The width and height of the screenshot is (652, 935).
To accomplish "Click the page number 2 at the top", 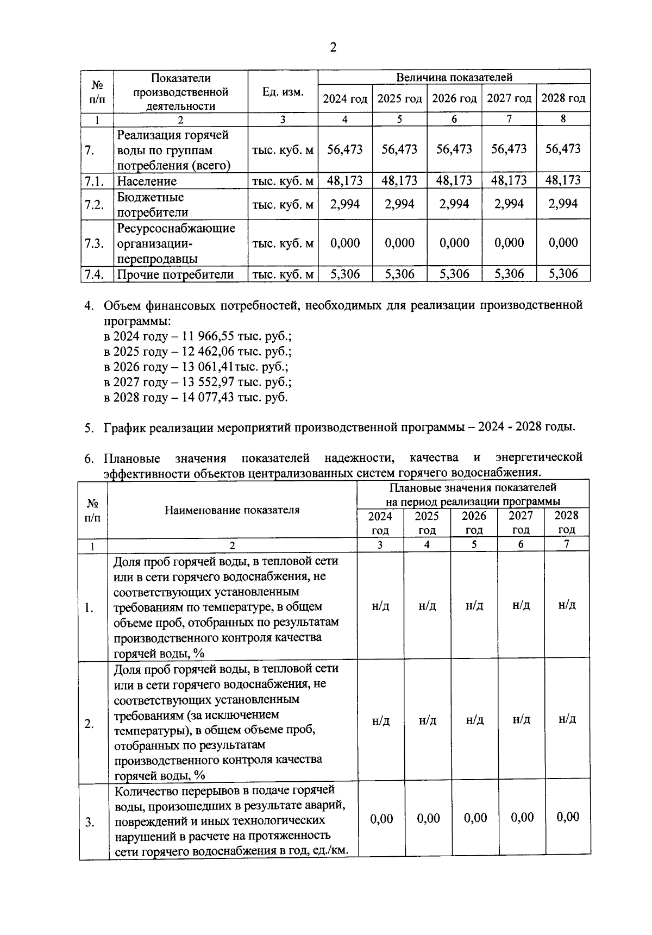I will click(333, 48).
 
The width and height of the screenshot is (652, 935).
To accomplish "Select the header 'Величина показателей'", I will click(454, 77).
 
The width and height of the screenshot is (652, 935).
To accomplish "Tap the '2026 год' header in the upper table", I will click(454, 99).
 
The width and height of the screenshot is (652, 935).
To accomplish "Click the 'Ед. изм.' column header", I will click(283, 92).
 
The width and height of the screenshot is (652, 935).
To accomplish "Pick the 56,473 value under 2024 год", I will click(345, 149).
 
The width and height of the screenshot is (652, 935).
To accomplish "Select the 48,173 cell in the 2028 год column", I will click(563, 180).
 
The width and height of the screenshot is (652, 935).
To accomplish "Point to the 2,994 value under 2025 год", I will click(399, 204).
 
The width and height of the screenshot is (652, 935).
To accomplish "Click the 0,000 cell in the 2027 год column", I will click(509, 243).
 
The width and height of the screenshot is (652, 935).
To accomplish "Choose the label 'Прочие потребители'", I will click(175, 274).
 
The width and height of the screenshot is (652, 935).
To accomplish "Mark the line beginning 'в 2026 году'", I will click(196, 367).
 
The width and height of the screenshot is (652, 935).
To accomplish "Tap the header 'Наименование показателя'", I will click(232, 510).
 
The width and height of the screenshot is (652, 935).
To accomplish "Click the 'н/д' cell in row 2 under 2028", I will click(567, 719).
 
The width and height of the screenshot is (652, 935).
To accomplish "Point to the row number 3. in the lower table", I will click(90, 823).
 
